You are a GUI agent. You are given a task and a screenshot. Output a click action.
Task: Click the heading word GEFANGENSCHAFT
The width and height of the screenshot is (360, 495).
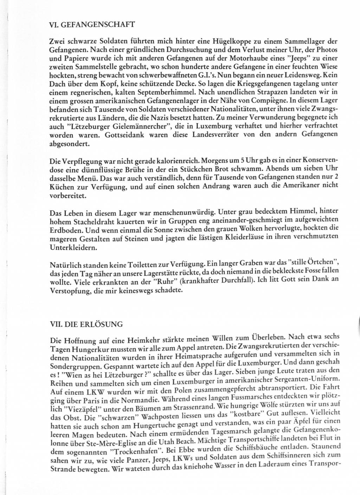pyautogui.click(x=97, y=25)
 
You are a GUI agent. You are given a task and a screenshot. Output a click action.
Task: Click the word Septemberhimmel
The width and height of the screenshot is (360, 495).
pyautogui.click(x=167, y=93)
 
